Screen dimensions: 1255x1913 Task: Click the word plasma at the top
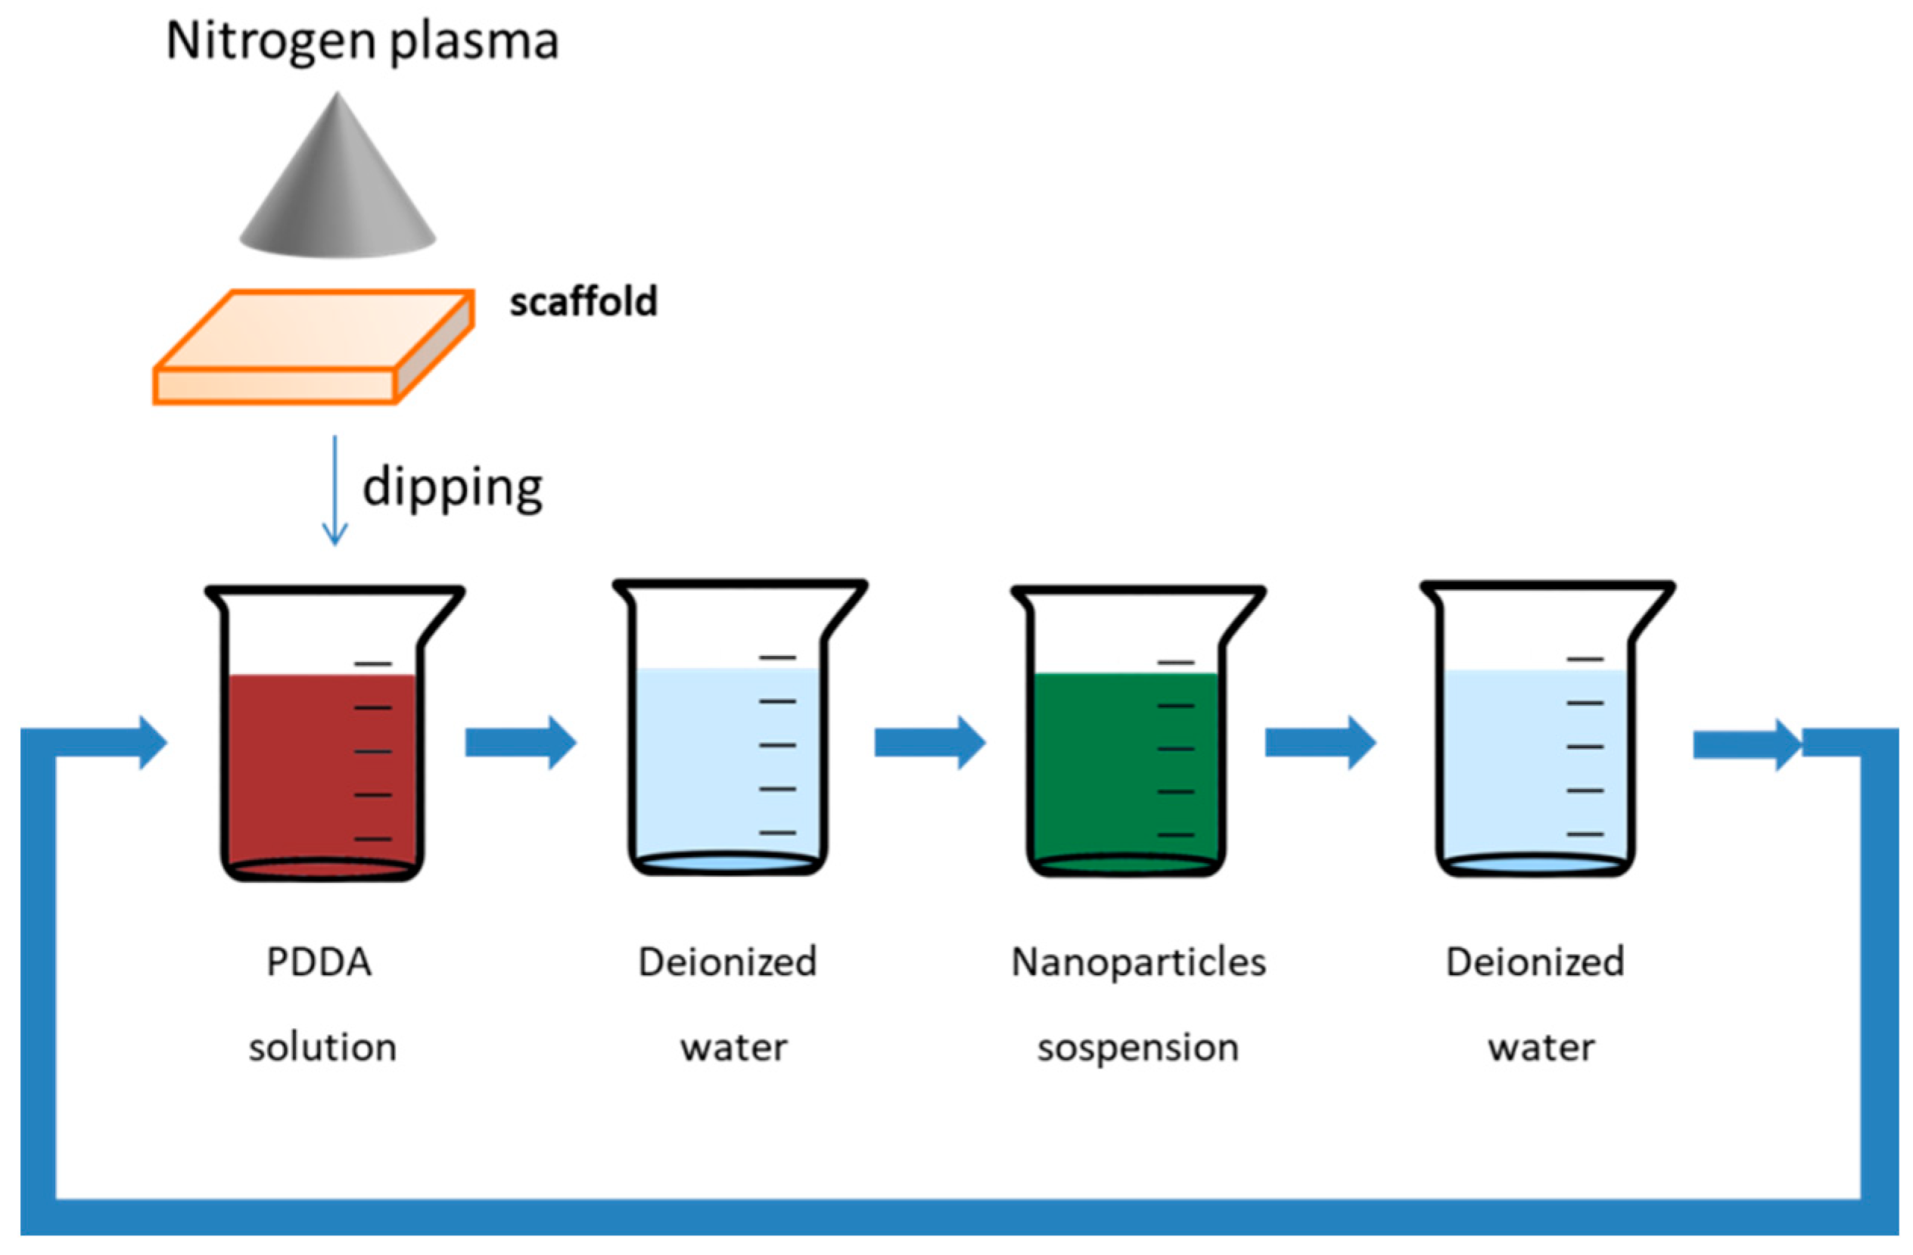click(x=474, y=42)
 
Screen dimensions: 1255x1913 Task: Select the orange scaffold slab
click(x=313, y=346)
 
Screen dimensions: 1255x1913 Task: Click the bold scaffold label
click(x=583, y=302)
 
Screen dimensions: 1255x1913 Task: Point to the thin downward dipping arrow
click(x=334, y=490)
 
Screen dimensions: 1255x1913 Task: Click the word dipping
click(x=453, y=487)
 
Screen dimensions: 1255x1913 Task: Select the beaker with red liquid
click(x=322, y=763)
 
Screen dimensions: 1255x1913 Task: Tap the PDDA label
click(x=319, y=961)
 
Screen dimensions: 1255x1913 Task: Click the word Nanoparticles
click(x=1138, y=961)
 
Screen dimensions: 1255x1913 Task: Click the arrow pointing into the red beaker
click(x=120, y=742)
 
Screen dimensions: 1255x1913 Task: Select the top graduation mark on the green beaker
click(x=1176, y=663)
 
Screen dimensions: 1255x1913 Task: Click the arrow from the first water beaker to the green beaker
click(x=929, y=742)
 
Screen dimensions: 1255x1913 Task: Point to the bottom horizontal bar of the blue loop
click(x=956, y=1216)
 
